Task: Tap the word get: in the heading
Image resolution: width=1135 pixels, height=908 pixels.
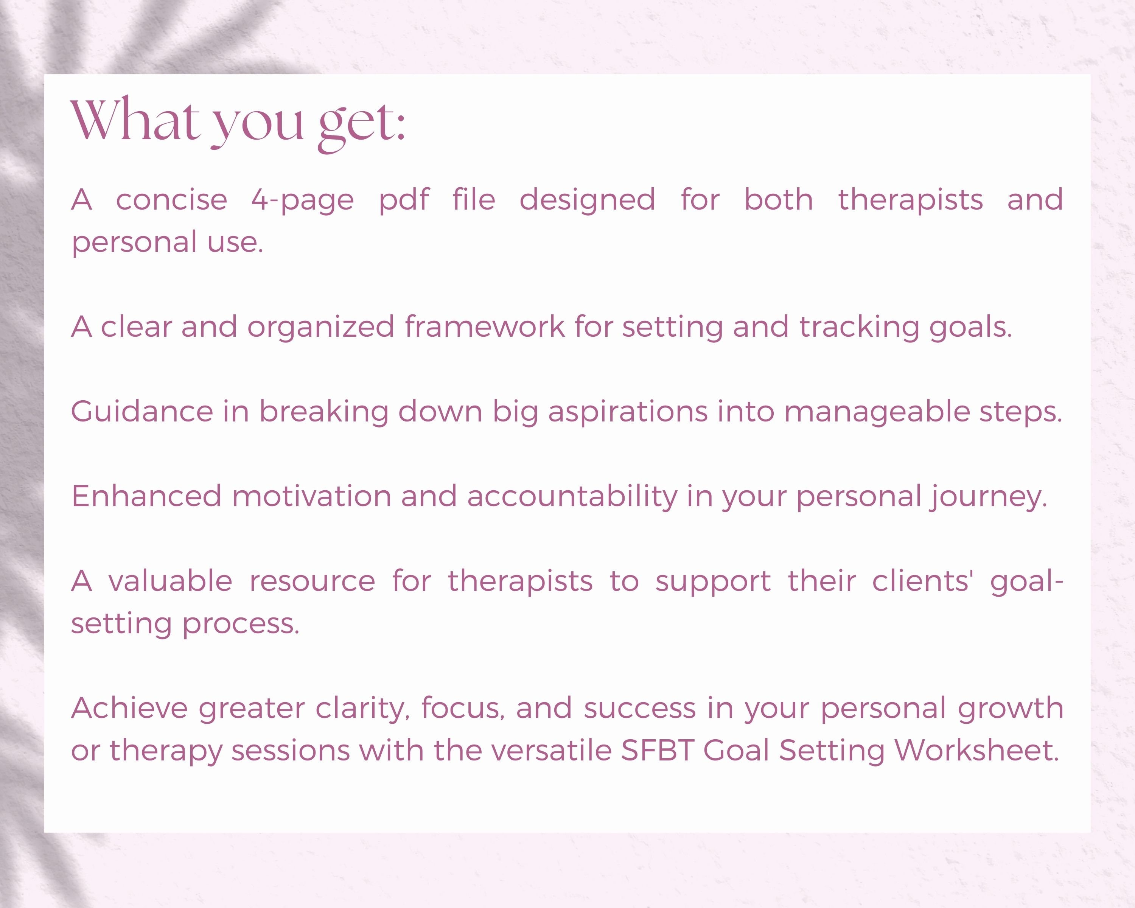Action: tap(362, 124)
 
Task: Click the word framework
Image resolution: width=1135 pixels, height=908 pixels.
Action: tap(484, 327)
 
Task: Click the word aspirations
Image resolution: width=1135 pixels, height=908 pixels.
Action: tap(628, 412)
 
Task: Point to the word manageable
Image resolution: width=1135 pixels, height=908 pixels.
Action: tap(877, 412)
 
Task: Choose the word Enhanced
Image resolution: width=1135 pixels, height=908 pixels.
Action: tap(146, 496)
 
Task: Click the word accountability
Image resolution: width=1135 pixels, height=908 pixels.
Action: tap(572, 497)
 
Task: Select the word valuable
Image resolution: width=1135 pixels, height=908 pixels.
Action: tap(170, 581)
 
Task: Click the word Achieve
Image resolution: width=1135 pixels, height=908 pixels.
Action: tap(129, 708)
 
